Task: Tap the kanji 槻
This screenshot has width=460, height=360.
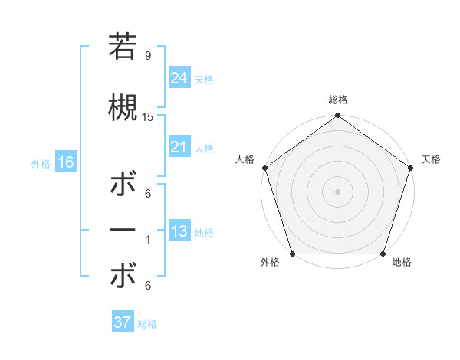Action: coord(123,107)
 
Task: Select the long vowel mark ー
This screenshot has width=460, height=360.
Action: coord(123,231)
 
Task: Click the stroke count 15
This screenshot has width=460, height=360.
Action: coord(148,116)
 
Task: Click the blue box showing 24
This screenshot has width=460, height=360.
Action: coord(179,77)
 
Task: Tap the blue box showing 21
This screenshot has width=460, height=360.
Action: coord(179,147)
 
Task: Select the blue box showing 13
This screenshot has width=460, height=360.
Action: coord(179,231)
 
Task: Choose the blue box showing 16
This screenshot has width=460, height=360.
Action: coord(65,162)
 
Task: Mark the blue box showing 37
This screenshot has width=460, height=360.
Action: coord(122,322)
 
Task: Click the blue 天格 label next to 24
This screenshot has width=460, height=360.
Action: coord(204,79)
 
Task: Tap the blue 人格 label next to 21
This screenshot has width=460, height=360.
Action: coord(204,149)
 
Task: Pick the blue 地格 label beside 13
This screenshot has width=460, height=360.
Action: coord(204,233)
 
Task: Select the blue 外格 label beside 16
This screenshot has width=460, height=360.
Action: coord(41,164)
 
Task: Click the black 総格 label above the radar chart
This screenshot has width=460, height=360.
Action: coord(337,100)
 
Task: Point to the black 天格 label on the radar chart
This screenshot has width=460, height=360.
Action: coord(431,159)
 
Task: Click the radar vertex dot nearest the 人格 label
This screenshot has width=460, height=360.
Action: coord(264,168)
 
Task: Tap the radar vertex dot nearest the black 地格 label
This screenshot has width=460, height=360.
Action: coord(383,254)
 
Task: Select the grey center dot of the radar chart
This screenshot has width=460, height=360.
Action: coord(337,191)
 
